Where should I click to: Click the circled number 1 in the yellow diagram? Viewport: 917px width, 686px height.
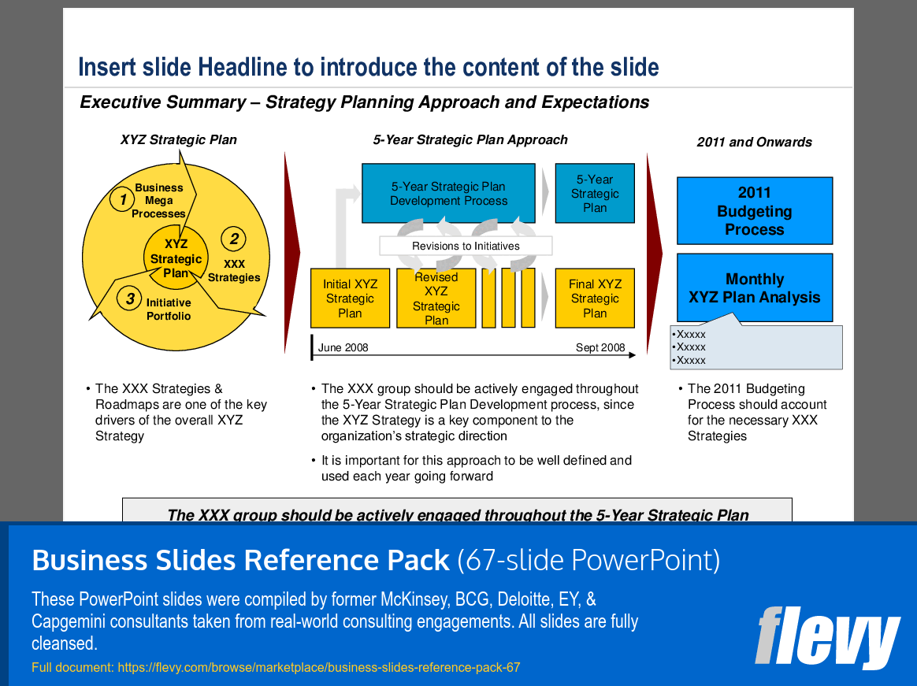coord(122,200)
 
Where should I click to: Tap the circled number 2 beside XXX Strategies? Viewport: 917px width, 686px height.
coord(233,239)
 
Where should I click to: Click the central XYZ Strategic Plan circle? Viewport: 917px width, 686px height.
coord(176,258)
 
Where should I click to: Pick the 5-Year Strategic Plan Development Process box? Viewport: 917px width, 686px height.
coord(448,194)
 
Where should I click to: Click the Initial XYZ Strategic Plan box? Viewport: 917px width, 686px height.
coord(350,299)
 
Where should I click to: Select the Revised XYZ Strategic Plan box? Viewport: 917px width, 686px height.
coord(436,299)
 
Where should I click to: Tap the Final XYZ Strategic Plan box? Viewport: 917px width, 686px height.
coord(595,299)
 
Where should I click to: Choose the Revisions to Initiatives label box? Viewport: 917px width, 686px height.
coord(466,246)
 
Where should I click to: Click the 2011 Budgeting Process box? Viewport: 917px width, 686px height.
coord(754,211)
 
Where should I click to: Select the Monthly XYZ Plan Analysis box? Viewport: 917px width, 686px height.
coord(754,288)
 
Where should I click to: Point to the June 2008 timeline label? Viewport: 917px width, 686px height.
coord(343,347)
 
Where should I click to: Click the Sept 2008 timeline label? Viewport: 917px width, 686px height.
coord(600,347)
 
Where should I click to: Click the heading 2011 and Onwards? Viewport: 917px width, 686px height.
coord(754,143)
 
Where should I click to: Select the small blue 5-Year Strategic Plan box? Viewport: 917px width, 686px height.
coord(595,194)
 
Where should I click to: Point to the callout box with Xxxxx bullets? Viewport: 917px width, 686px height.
coord(756,347)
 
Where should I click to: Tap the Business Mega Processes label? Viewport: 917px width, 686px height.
coord(158,201)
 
